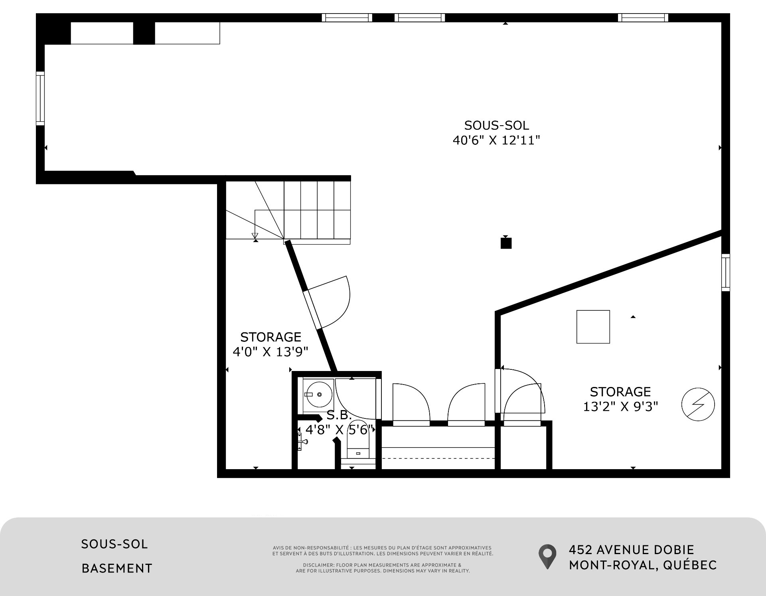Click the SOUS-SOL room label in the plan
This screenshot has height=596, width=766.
point(497,125)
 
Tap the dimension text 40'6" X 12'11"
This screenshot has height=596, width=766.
point(496,140)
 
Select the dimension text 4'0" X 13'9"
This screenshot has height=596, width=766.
point(270,352)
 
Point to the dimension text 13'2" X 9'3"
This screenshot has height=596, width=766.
point(620,406)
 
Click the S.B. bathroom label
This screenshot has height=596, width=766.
point(339,415)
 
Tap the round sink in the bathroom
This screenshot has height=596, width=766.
point(318,395)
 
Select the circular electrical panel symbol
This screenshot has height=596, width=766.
point(698,405)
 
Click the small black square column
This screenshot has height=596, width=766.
point(506,243)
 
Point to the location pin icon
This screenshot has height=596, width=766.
point(547,557)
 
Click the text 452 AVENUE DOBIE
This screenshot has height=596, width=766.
point(632,550)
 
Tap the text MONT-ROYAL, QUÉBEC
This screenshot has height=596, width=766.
point(643,565)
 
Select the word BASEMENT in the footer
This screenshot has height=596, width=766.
point(117,568)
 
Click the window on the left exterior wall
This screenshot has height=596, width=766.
point(40,99)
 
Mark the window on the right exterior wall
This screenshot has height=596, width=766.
point(726,272)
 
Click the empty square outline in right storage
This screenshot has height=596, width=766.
point(593,327)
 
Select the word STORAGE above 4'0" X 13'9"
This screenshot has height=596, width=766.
point(270,337)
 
